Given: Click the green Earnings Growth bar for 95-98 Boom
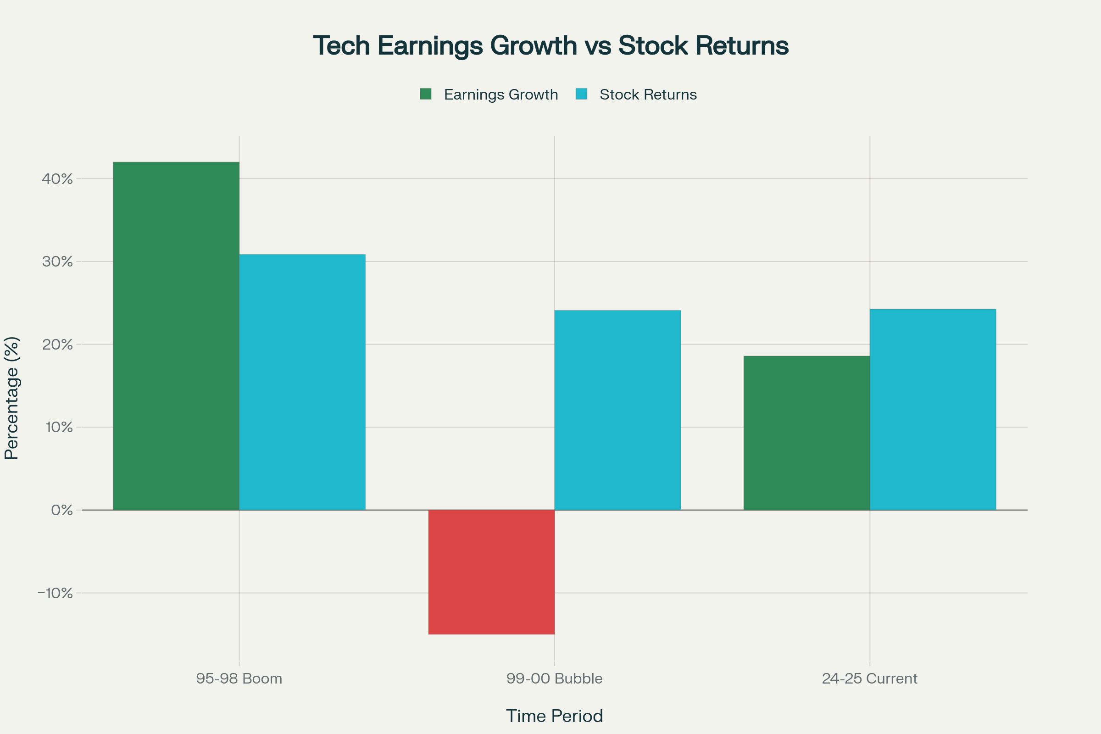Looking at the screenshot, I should point(176,336).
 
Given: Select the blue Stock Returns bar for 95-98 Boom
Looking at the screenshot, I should point(302,382).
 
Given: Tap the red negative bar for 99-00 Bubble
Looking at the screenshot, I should point(491,572).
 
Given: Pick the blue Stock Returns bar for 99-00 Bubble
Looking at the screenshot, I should point(617,410).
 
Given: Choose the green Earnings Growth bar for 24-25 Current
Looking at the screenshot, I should point(806,433).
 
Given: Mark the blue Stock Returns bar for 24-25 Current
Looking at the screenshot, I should point(933,409).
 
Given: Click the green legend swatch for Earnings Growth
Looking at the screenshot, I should point(426,94).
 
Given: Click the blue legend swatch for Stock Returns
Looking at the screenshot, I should point(581,94).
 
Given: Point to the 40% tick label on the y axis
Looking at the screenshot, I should point(57,179).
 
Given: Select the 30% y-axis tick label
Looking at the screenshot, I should point(57,261).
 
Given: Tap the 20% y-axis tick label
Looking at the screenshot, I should point(57,345).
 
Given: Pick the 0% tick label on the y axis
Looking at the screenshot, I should point(61,510).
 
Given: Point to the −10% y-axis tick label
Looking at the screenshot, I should point(55,593).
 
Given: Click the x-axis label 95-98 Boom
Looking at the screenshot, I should point(239,678).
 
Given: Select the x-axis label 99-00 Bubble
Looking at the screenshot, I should point(554,678).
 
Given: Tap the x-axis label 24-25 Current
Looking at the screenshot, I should point(869,678).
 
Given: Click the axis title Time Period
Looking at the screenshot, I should point(554,716).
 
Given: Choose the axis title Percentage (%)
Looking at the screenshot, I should point(12,398).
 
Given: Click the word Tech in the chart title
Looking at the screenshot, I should point(341,46).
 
